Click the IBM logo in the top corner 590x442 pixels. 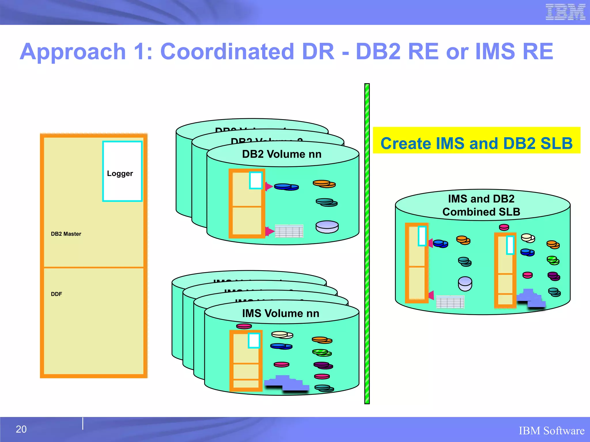coord(565,12)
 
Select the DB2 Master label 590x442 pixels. coord(66,234)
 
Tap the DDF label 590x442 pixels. coord(56,294)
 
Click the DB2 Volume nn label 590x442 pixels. coord(282,154)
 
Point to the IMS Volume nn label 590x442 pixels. coord(281,313)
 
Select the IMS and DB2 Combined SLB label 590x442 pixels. coord(481,205)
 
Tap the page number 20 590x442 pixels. coord(21,429)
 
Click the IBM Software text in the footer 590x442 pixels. coord(551,431)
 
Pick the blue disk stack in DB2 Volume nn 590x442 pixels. coord(286,187)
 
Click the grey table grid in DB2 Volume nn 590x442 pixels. coord(289,231)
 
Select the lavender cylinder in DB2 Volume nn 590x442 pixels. coord(327,227)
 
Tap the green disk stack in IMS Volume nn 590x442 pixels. coord(322,353)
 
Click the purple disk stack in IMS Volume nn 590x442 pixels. coord(323,365)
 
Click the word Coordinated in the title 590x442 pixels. coord(227,52)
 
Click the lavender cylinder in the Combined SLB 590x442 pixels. coord(465,284)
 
